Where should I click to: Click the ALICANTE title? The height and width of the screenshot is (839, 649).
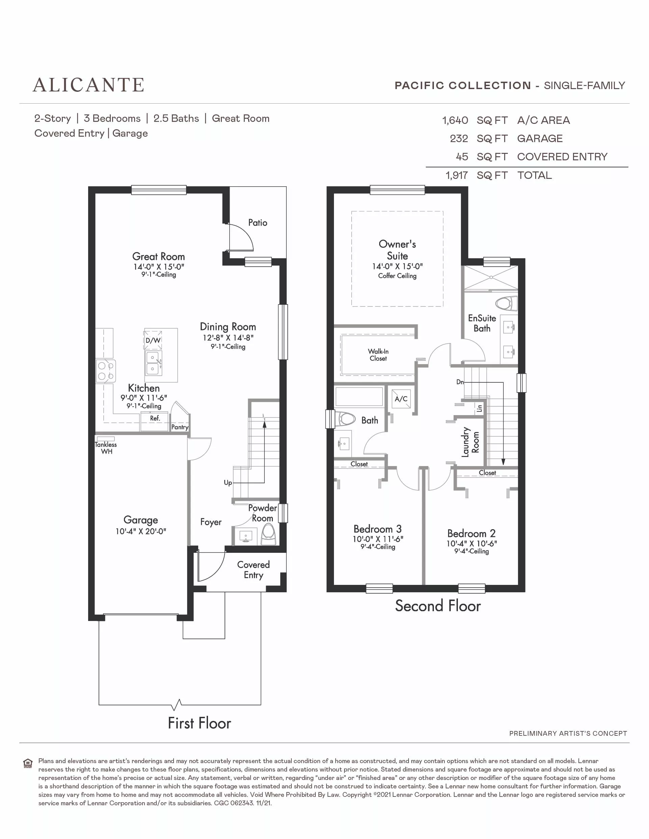tap(88, 85)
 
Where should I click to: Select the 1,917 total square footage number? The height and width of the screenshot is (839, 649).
tap(457, 175)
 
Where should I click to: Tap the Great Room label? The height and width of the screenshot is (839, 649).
tap(158, 256)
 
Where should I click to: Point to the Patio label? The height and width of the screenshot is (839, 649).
tap(257, 222)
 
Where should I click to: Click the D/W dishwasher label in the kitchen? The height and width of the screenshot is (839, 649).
tap(153, 341)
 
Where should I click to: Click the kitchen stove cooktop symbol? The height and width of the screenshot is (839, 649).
tap(106, 371)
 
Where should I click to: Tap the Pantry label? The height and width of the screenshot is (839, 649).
tap(180, 427)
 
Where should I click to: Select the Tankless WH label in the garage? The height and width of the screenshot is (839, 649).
tap(106, 448)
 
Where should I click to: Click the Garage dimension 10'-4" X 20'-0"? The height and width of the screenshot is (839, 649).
tap(140, 531)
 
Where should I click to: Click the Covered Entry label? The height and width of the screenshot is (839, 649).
tap(253, 570)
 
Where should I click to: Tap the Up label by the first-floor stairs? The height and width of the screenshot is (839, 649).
tap(228, 483)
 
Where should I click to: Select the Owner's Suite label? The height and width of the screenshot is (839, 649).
tap(397, 250)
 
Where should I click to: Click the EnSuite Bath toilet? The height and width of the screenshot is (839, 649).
tap(507, 303)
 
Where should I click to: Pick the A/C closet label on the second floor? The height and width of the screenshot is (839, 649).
tap(401, 399)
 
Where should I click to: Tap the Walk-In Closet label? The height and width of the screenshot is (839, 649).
tap(378, 355)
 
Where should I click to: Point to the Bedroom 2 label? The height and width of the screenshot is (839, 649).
tap(471, 533)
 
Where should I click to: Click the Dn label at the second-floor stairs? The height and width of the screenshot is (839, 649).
tap(460, 382)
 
